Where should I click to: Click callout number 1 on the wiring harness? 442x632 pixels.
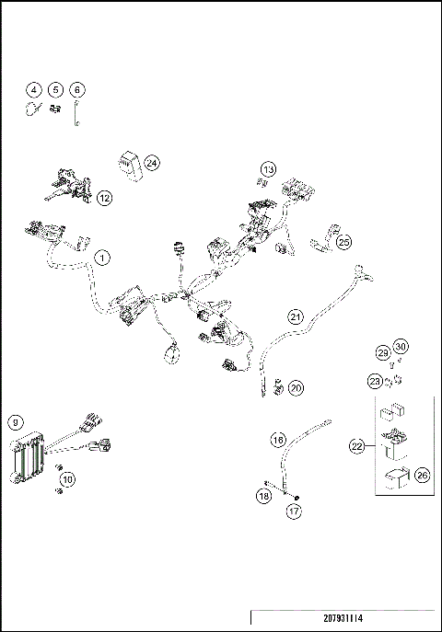(102, 259)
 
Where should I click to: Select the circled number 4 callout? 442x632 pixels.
(34, 89)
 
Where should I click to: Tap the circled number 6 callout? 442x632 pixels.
(77, 89)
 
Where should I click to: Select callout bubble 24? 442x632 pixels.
(152, 163)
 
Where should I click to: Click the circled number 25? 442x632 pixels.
(343, 242)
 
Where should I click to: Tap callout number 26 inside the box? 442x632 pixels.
(422, 476)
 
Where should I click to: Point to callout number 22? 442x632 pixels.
(357, 446)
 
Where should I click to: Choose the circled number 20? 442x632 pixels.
(296, 388)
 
